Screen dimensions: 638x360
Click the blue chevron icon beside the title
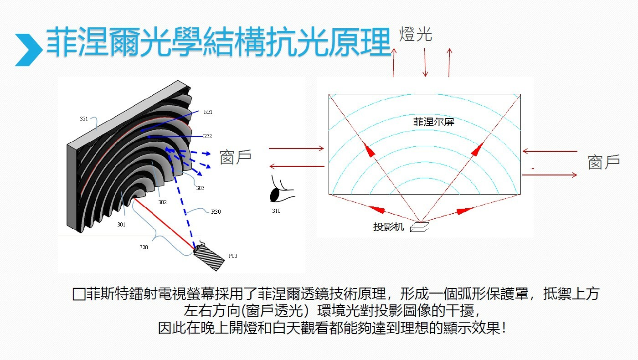click(28, 49)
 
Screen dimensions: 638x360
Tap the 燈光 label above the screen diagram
click(415, 34)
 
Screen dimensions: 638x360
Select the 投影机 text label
click(388, 227)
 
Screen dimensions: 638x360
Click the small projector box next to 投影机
click(420, 227)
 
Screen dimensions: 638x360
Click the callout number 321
click(84, 119)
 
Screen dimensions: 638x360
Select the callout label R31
click(208, 112)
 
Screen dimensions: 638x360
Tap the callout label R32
click(208, 136)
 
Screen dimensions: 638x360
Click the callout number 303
click(200, 188)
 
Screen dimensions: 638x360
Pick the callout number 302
click(162, 202)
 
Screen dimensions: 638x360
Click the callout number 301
click(121, 225)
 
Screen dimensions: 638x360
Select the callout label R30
click(216, 212)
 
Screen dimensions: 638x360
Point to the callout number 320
click(144, 247)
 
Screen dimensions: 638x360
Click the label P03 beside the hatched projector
click(232, 256)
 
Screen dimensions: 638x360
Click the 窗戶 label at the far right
click(604, 162)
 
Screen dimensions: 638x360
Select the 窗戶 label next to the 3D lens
click(236, 157)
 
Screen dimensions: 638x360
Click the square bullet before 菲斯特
click(79, 294)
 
